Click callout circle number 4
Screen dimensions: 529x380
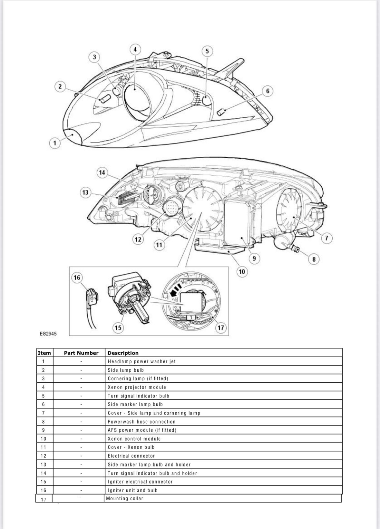(135, 49)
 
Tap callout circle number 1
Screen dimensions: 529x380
(55, 143)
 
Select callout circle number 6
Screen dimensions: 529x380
(268, 91)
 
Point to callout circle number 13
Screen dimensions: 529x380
(85, 192)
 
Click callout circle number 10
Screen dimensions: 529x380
(242, 271)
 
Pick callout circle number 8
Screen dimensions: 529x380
(314, 259)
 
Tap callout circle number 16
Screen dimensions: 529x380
(77, 278)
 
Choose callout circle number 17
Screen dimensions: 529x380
(221, 328)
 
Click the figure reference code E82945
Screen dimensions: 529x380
(48, 334)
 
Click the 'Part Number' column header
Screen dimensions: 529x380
(81, 353)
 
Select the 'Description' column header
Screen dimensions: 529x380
(123, 353)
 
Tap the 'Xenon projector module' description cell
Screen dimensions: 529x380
(137, 387)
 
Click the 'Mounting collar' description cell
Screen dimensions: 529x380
(124, 498)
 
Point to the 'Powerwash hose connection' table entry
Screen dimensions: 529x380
(141, 422)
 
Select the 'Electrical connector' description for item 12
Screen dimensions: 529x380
(131, 456)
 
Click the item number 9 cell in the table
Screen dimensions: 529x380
(43, 430)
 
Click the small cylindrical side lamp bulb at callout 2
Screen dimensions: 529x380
(105, 99)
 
